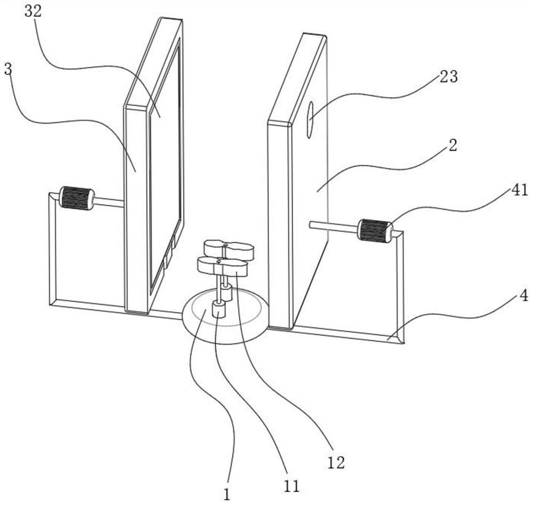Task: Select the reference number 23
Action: (x=448, y=77)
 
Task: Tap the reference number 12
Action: (x=336, y=462)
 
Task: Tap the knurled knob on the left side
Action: (x=77, y=198)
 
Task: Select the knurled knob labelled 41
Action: (x=375, y=231)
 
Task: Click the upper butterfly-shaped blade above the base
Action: (x=228, y=249)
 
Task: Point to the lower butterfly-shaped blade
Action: (x=222, y=266)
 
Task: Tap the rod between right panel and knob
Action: (x=333, y=227)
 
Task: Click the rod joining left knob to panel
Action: (x=109, y=202)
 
